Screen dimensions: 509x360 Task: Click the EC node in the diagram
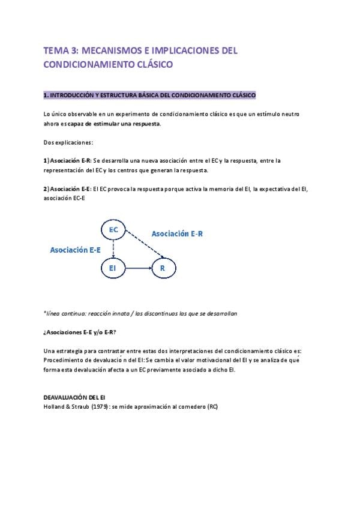point(114,230)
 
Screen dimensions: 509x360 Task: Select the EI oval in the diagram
point(113,269)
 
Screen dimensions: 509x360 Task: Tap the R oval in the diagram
point(162,269)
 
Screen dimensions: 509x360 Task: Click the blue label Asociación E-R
point(177,233)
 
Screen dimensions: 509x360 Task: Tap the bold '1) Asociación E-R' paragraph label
point(67,160)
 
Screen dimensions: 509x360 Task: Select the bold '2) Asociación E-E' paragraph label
point(67,189)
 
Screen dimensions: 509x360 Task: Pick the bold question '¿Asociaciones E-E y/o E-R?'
point(80,332)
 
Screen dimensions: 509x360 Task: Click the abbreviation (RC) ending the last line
point(212,406)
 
